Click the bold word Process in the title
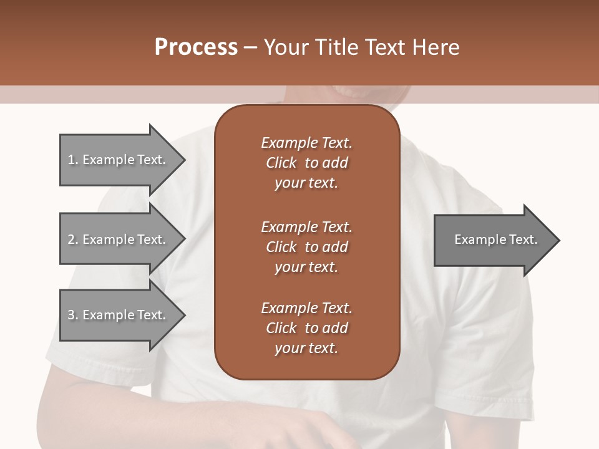click(196, 47)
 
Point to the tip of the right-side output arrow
click(558, 239)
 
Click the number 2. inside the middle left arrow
click(72, 239)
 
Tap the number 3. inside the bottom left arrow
click(72, 315)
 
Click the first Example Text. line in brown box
click(306, 143)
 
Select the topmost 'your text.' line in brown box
click(306, 183)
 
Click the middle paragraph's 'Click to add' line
click(306, 247)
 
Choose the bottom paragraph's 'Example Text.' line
click(306, 308)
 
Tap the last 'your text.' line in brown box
click(306, 349)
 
